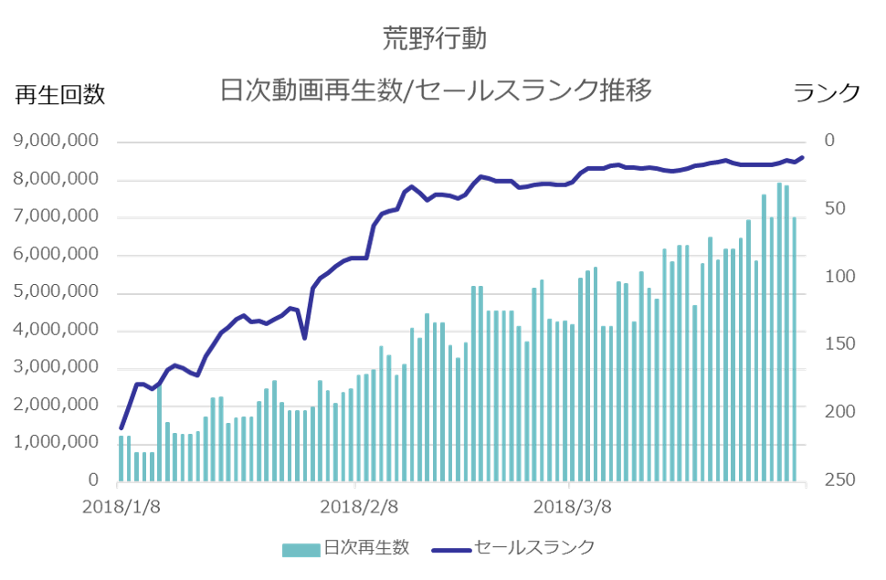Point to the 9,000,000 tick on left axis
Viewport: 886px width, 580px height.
(x=57, y=142)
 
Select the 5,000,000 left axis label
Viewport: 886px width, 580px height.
(x=57, y=292)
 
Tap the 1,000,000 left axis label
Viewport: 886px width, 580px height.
(x=57, y=443)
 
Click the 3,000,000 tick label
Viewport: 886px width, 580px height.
(x=57, y=368)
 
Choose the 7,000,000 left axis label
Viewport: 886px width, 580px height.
(x=57, y=217)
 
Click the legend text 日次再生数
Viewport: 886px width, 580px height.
(x=365, y=548)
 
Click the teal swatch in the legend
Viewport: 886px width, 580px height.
(x=301, y=549)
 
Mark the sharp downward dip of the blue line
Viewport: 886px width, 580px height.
(x=304, y=337)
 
